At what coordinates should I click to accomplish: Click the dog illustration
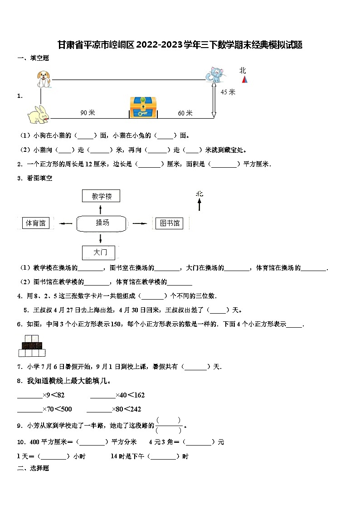tap(44, 78)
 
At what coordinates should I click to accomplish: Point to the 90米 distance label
tap(88, 112)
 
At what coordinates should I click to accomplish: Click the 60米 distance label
tap(185, 113)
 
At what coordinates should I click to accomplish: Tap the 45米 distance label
tap(228, 92)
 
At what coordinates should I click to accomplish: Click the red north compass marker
tap(245, 79)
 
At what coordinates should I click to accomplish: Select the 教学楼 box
tap(101, 196)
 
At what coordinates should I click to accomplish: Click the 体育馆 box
tap(36, 223)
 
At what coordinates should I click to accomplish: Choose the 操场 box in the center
tap(102, 223)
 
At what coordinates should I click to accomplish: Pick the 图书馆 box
tap(170, 223)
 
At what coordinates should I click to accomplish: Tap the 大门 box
tap(99, 252)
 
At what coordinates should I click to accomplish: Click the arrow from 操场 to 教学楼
tap(100, 208)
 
